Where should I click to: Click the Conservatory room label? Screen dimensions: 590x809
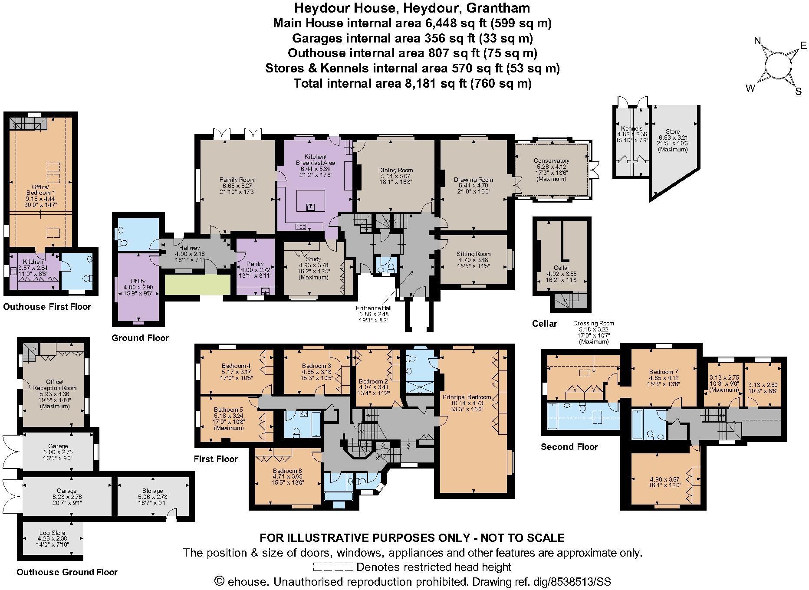click(x=551, y=161)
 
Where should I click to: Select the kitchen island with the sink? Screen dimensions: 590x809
click(x=310, y=201)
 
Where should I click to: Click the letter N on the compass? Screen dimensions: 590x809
click(x=758, y=41)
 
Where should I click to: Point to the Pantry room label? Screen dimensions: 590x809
click(x=255, y=264)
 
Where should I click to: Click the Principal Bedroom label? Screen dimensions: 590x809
click(x=467, y=397)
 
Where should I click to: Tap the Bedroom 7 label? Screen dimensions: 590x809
click(x=663, y=372)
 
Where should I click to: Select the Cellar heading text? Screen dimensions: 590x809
click(x=544, y=324)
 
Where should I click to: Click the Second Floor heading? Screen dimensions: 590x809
click(x=569, y=447)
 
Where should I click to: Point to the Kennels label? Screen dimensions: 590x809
click(x=631, y=129)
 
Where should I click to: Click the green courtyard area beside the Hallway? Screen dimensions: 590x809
click(x=197, y=285)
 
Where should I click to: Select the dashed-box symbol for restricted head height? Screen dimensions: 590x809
click(x=333, y=567)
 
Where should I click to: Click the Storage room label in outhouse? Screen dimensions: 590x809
click(x=152, y=491)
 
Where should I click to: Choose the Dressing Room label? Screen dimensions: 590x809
click(x=593, y=324)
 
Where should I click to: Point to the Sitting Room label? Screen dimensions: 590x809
click(x=473, y=254)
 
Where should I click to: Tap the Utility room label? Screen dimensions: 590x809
click(x=138, y=282)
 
